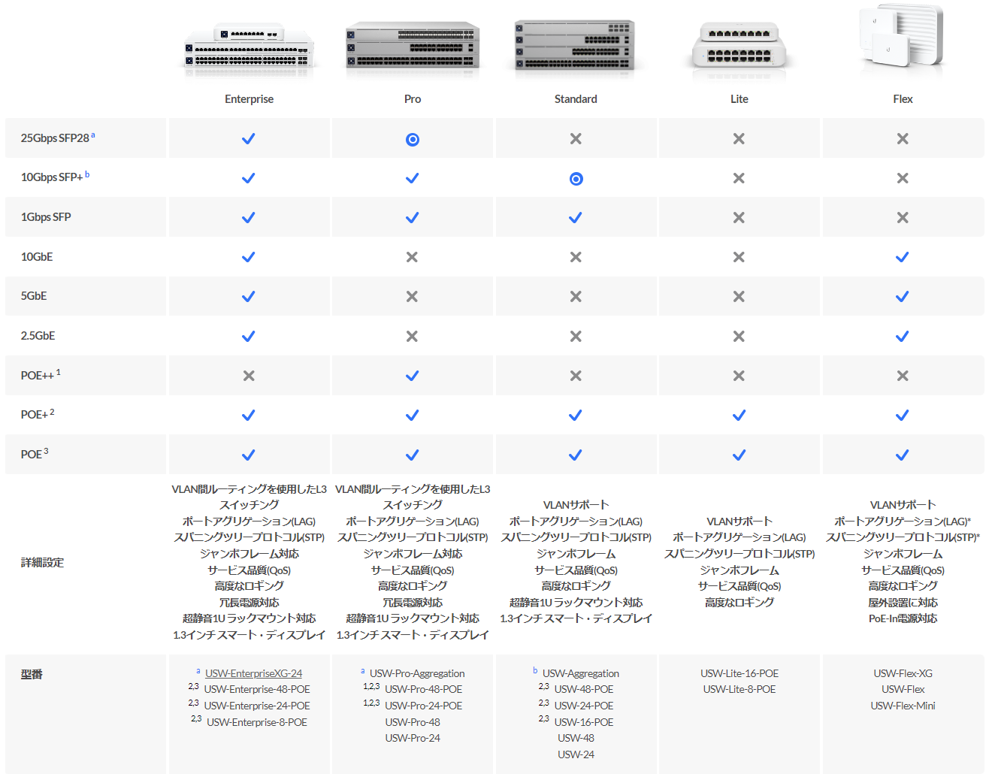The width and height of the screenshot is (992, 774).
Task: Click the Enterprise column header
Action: tap(249, 99)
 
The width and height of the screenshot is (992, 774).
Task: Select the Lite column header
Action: tap(739, 99)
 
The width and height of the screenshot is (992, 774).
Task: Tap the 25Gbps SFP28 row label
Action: tap(58, 138)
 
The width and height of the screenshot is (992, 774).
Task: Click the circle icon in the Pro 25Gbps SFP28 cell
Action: tap(413, 139)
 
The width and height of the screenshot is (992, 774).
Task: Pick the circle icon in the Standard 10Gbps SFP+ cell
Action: tap(576, 178)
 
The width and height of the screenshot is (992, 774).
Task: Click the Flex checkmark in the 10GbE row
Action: tap(902, 258)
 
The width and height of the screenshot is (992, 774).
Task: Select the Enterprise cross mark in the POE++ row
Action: tap(249, 376)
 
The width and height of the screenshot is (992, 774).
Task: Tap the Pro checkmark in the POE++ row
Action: tap(413, 376)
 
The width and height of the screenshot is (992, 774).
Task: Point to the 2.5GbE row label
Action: tap(38, 336)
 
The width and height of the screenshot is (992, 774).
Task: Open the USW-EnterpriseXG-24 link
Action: tap(253, 673)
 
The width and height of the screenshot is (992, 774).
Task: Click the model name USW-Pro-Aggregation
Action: tap(417, 673)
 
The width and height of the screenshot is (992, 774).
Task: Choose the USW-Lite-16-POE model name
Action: tap(739, 673)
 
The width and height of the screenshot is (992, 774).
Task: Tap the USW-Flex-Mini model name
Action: tap(903, 706)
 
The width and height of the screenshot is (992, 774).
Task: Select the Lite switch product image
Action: tap(739, 48)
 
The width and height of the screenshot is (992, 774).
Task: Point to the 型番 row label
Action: tap(32, 674)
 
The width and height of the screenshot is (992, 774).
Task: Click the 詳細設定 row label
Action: tap(42, 562)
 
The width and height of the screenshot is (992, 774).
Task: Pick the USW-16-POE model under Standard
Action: tap(583, 722)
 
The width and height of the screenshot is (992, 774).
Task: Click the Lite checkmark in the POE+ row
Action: tap(739, 416)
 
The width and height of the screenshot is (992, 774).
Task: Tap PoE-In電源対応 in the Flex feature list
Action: tap(903, 618)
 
